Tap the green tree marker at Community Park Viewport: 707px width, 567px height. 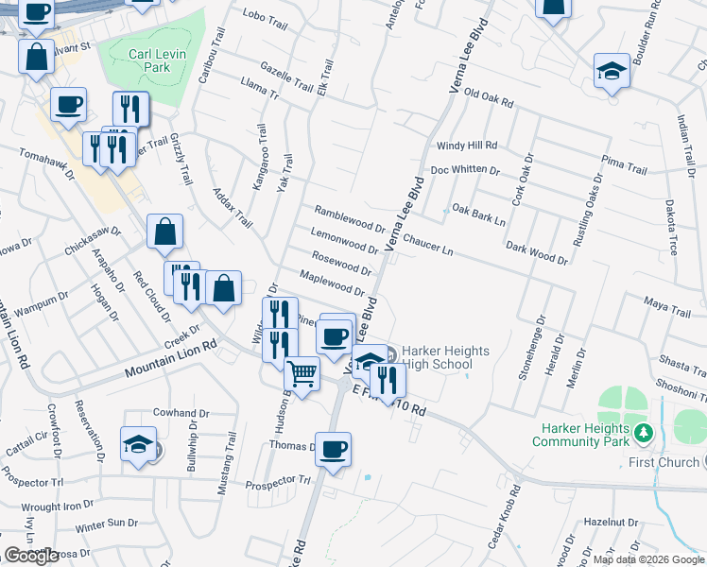pyautogui.click(x=645, y=432)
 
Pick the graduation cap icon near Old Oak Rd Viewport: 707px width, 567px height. pyautogui.click(x=612, y=70)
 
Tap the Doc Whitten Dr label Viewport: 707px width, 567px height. pyautogui.click(x=464, y=170)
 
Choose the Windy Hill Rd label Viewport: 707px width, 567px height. pyautogui.click(x=466, y=146)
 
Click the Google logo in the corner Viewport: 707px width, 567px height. pyautogui.click(x=31, y=556)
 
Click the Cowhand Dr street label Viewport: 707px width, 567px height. pyautogui.click(x=181, y=413)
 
